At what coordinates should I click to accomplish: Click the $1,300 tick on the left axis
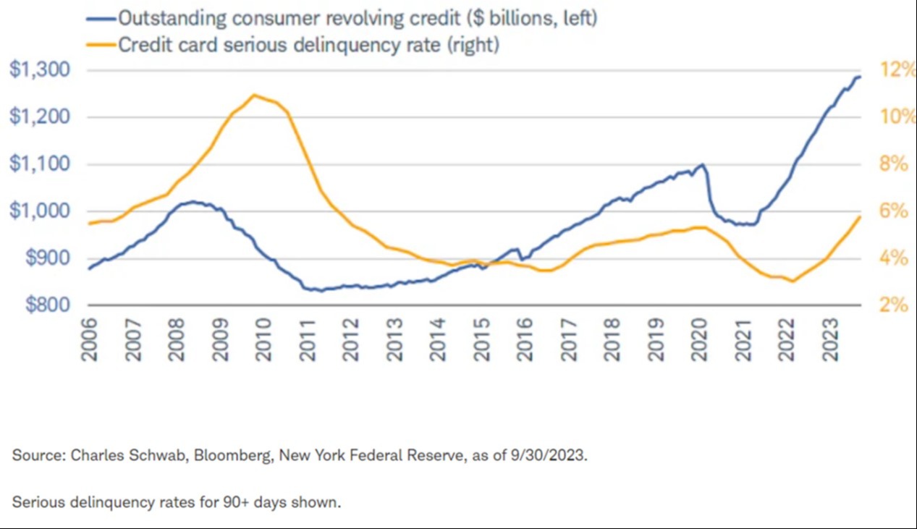point(40,69)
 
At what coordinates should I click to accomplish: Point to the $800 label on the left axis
point(48,305)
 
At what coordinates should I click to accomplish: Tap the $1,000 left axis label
point(40,211)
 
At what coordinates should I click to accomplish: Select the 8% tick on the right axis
point(894,164)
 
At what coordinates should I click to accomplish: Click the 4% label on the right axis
point(894,258)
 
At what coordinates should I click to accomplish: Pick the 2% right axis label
point(894,305)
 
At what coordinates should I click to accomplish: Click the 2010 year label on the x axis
point(263,340)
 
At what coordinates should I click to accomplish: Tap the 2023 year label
point(830,340)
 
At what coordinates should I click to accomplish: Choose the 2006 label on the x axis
point(89,340)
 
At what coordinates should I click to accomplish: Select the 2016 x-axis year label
point(525,340)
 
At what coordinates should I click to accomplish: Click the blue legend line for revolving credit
point(101,19)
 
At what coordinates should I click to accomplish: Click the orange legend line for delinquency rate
point(101,45)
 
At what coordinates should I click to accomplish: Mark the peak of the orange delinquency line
point(254,95)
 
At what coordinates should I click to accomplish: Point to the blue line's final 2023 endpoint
point(859,77)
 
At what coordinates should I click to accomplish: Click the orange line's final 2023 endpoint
point(859,217)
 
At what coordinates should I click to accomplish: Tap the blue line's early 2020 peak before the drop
point(702,164)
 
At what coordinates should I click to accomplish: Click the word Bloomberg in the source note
point(233,455)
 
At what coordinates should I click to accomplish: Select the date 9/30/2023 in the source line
point(549,455)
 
